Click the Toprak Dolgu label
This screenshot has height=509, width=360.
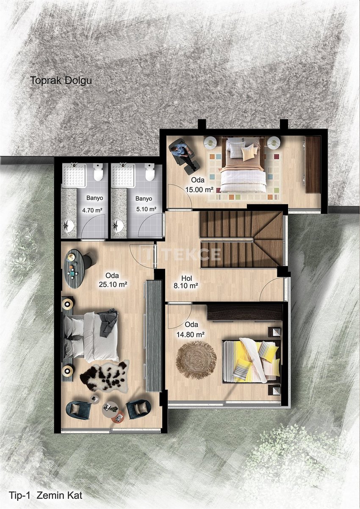[x=61, y=81]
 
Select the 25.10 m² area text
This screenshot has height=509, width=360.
[x=113, y=284]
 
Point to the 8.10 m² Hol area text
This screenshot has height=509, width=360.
[x=186, y=285]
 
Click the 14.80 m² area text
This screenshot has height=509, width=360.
[x=191, y=334]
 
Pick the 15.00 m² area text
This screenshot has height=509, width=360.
[x=199, y=189]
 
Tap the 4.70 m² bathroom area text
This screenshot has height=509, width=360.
[x=92, y=210]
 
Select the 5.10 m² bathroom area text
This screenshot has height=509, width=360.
[x=146, y=209]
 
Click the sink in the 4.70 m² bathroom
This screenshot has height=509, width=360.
[x=68, y=226]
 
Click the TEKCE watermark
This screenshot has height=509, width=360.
[x=181, y=254]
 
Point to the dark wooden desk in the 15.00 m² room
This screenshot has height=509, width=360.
[x=313, y=165]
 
